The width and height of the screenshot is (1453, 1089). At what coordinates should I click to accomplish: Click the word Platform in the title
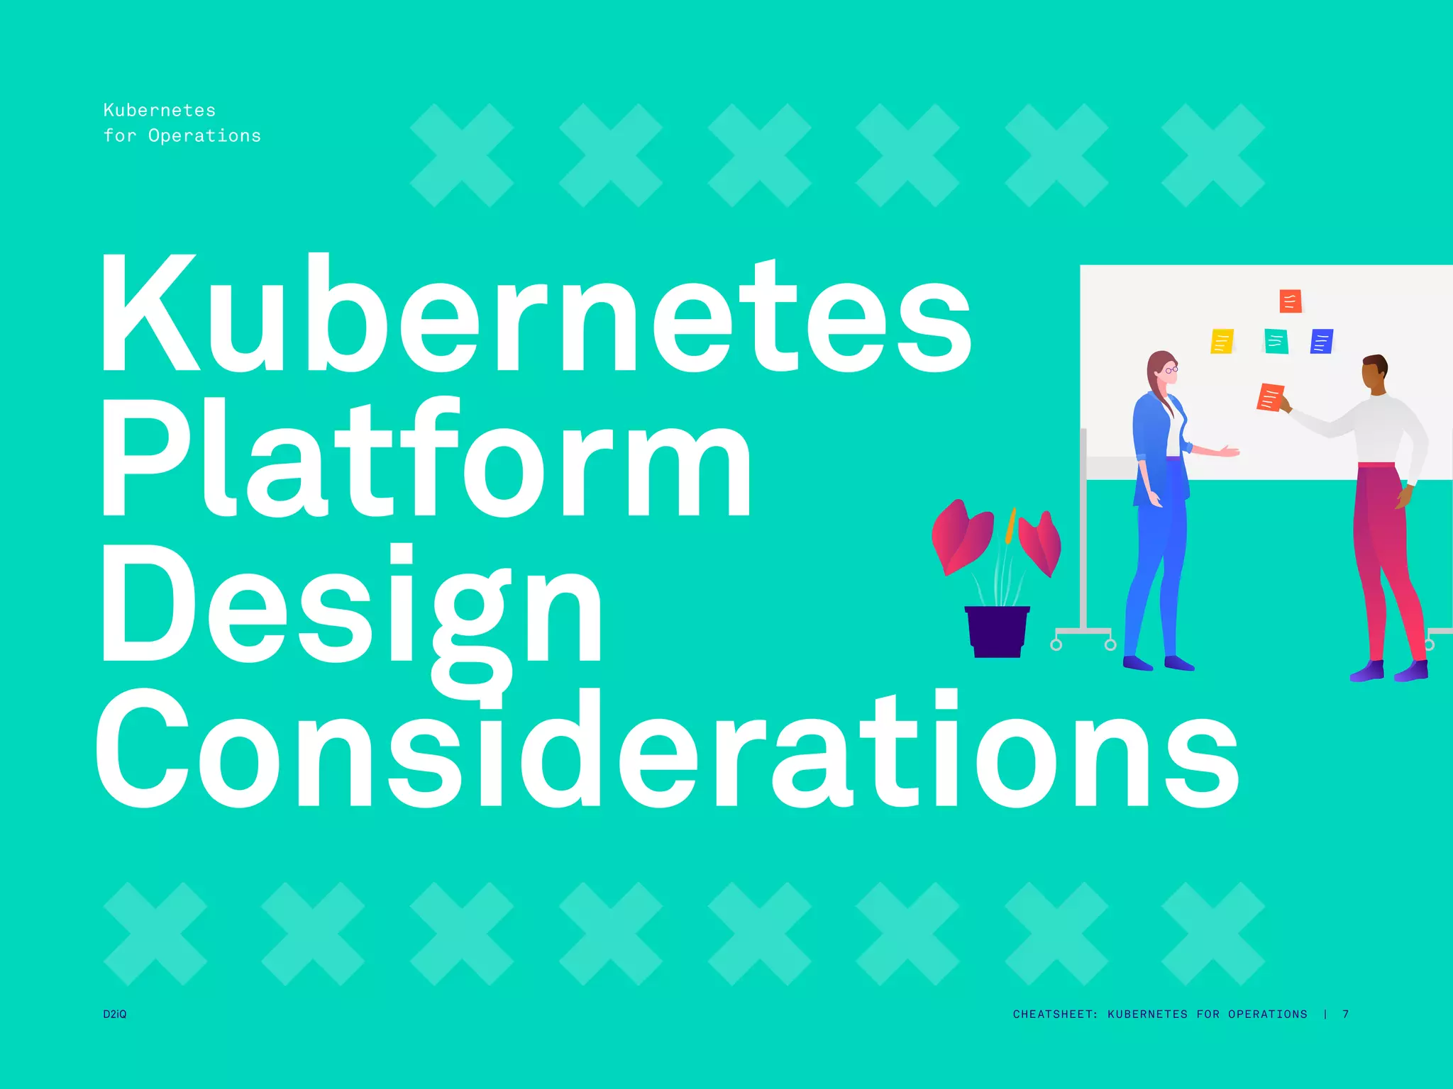pos(426,457)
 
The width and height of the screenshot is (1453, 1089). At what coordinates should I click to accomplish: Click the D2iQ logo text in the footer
pos(115,1014)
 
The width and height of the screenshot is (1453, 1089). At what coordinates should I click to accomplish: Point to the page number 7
pos(1345,1014)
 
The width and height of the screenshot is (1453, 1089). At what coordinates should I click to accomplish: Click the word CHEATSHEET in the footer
pos(1054,1014)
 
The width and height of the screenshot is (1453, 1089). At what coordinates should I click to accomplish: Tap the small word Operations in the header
pos(204,135)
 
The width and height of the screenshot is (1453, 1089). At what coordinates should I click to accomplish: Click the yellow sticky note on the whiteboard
pos(1222,341)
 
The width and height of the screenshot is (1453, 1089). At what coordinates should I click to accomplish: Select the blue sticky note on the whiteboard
pos(1321,341)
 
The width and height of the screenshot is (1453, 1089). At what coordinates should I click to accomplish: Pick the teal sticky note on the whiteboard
pos(1276,341)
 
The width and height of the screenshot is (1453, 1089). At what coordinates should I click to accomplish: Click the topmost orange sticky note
pos(1290,301)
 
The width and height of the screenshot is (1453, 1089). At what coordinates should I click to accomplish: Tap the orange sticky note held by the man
pos(1269,397)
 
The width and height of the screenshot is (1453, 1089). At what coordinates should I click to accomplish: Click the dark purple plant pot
pos(997,631)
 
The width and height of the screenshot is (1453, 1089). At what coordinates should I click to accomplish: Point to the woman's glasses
pos(1171,369)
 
